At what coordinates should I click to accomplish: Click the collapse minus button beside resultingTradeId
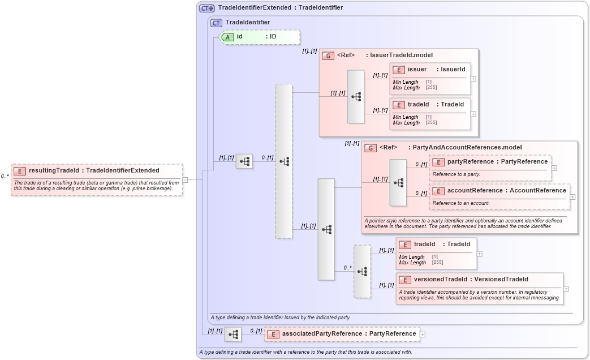pyautogui.click(x=185, y=180)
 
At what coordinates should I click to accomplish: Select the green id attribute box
pyautogui.click(x=260, y=37)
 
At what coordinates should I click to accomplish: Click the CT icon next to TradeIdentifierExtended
pyautogui.click(x=206, y=8)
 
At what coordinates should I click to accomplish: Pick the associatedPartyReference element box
pyautogui.click(x=342, y=334)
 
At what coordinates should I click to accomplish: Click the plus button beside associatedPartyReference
pyautogui.click(x=423, y=334)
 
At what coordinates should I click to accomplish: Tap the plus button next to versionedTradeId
pyautogui.click(x=566, y=288)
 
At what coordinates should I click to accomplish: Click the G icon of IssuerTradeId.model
pyautogui.click(x=328, y=55)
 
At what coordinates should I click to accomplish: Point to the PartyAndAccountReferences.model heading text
pyautogui.click(x=467, y=147)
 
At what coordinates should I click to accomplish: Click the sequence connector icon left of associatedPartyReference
pyautogui.click(x=232, y=335)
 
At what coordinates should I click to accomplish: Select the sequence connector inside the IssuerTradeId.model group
pyautogui.click(x=356, y=96)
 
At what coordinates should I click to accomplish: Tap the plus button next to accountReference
pyautogui.click(x=573, y=196)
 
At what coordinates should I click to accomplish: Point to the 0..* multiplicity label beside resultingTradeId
pyautogui.click(x=5, y=176)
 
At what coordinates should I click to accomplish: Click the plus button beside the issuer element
pyautogui.click(x=473, y=79)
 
